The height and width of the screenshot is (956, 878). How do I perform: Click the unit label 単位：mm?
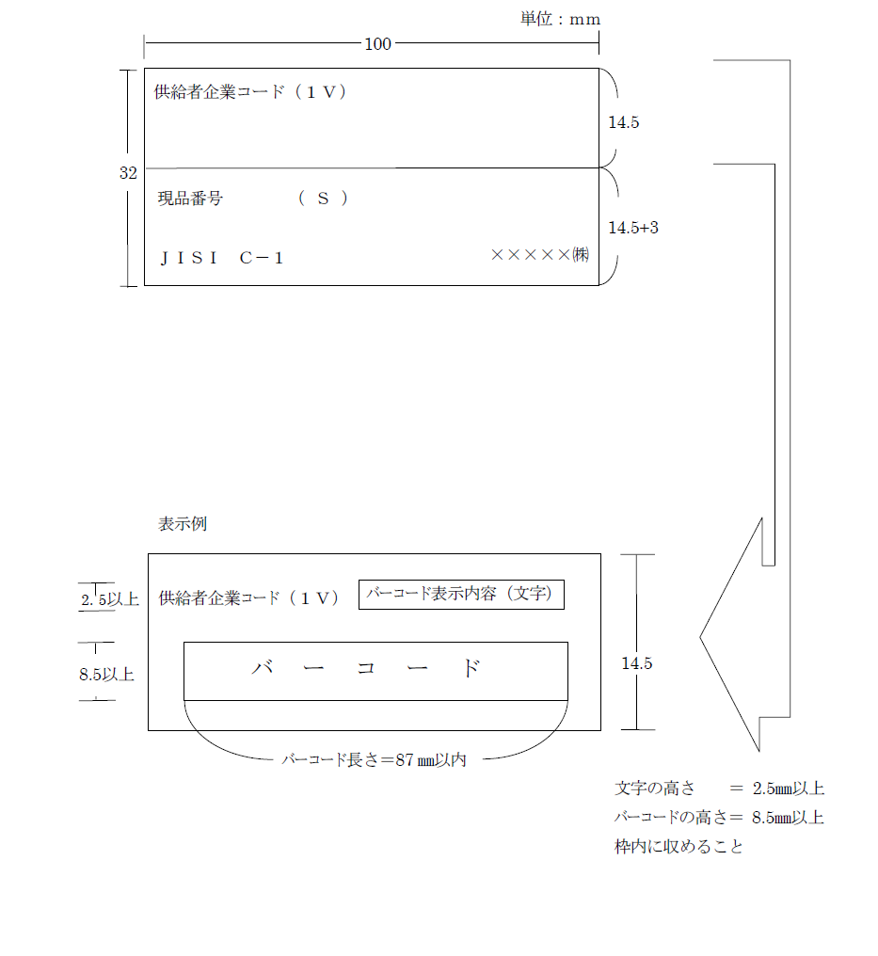coord(560,19)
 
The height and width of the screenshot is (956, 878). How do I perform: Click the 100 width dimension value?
coord(377,43)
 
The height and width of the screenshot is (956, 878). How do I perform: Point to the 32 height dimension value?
coord(128,173)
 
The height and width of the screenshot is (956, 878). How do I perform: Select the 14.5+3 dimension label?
coord(632,228)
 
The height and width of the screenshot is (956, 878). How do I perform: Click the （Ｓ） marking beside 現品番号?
coord(323,199)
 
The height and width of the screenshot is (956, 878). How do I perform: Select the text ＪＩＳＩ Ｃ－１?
coord(222,258)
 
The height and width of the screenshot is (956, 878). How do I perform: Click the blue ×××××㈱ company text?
coord(540,254)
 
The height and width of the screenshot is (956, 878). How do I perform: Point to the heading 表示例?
coord(183,524)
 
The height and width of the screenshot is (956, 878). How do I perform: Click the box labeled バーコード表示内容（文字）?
coord(461,595)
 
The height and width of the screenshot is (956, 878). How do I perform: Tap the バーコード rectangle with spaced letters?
coord(375,670)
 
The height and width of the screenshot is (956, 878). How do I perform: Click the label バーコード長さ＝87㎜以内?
coord(374,760)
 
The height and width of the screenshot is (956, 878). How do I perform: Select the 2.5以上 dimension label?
coord(110,599)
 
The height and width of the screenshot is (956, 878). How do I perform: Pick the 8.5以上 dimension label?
coord(106,675)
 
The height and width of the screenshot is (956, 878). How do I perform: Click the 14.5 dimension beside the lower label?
coord(636,663)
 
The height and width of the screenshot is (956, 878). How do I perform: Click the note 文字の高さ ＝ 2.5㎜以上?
coord(719,789)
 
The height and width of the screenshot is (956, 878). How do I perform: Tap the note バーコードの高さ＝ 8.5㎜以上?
coord(719,818)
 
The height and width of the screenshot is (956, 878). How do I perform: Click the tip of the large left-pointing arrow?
coord(701,637)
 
